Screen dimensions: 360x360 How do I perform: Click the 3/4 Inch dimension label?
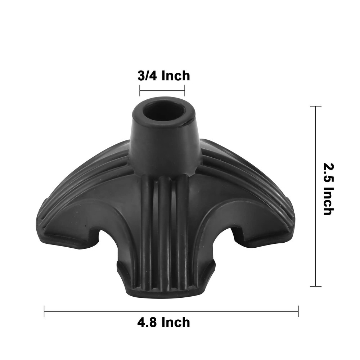[163, 76]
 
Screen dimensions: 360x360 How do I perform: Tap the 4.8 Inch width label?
[163, 322]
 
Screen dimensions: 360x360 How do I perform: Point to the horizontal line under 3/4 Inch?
[162, 90]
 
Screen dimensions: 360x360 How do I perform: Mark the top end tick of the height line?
[316, 107]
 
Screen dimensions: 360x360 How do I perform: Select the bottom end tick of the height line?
[316, 286]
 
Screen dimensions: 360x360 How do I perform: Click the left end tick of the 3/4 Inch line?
[140, 90]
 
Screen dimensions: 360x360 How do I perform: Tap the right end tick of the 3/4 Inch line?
[184, 90]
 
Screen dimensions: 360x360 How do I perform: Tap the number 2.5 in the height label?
[328, 171]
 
